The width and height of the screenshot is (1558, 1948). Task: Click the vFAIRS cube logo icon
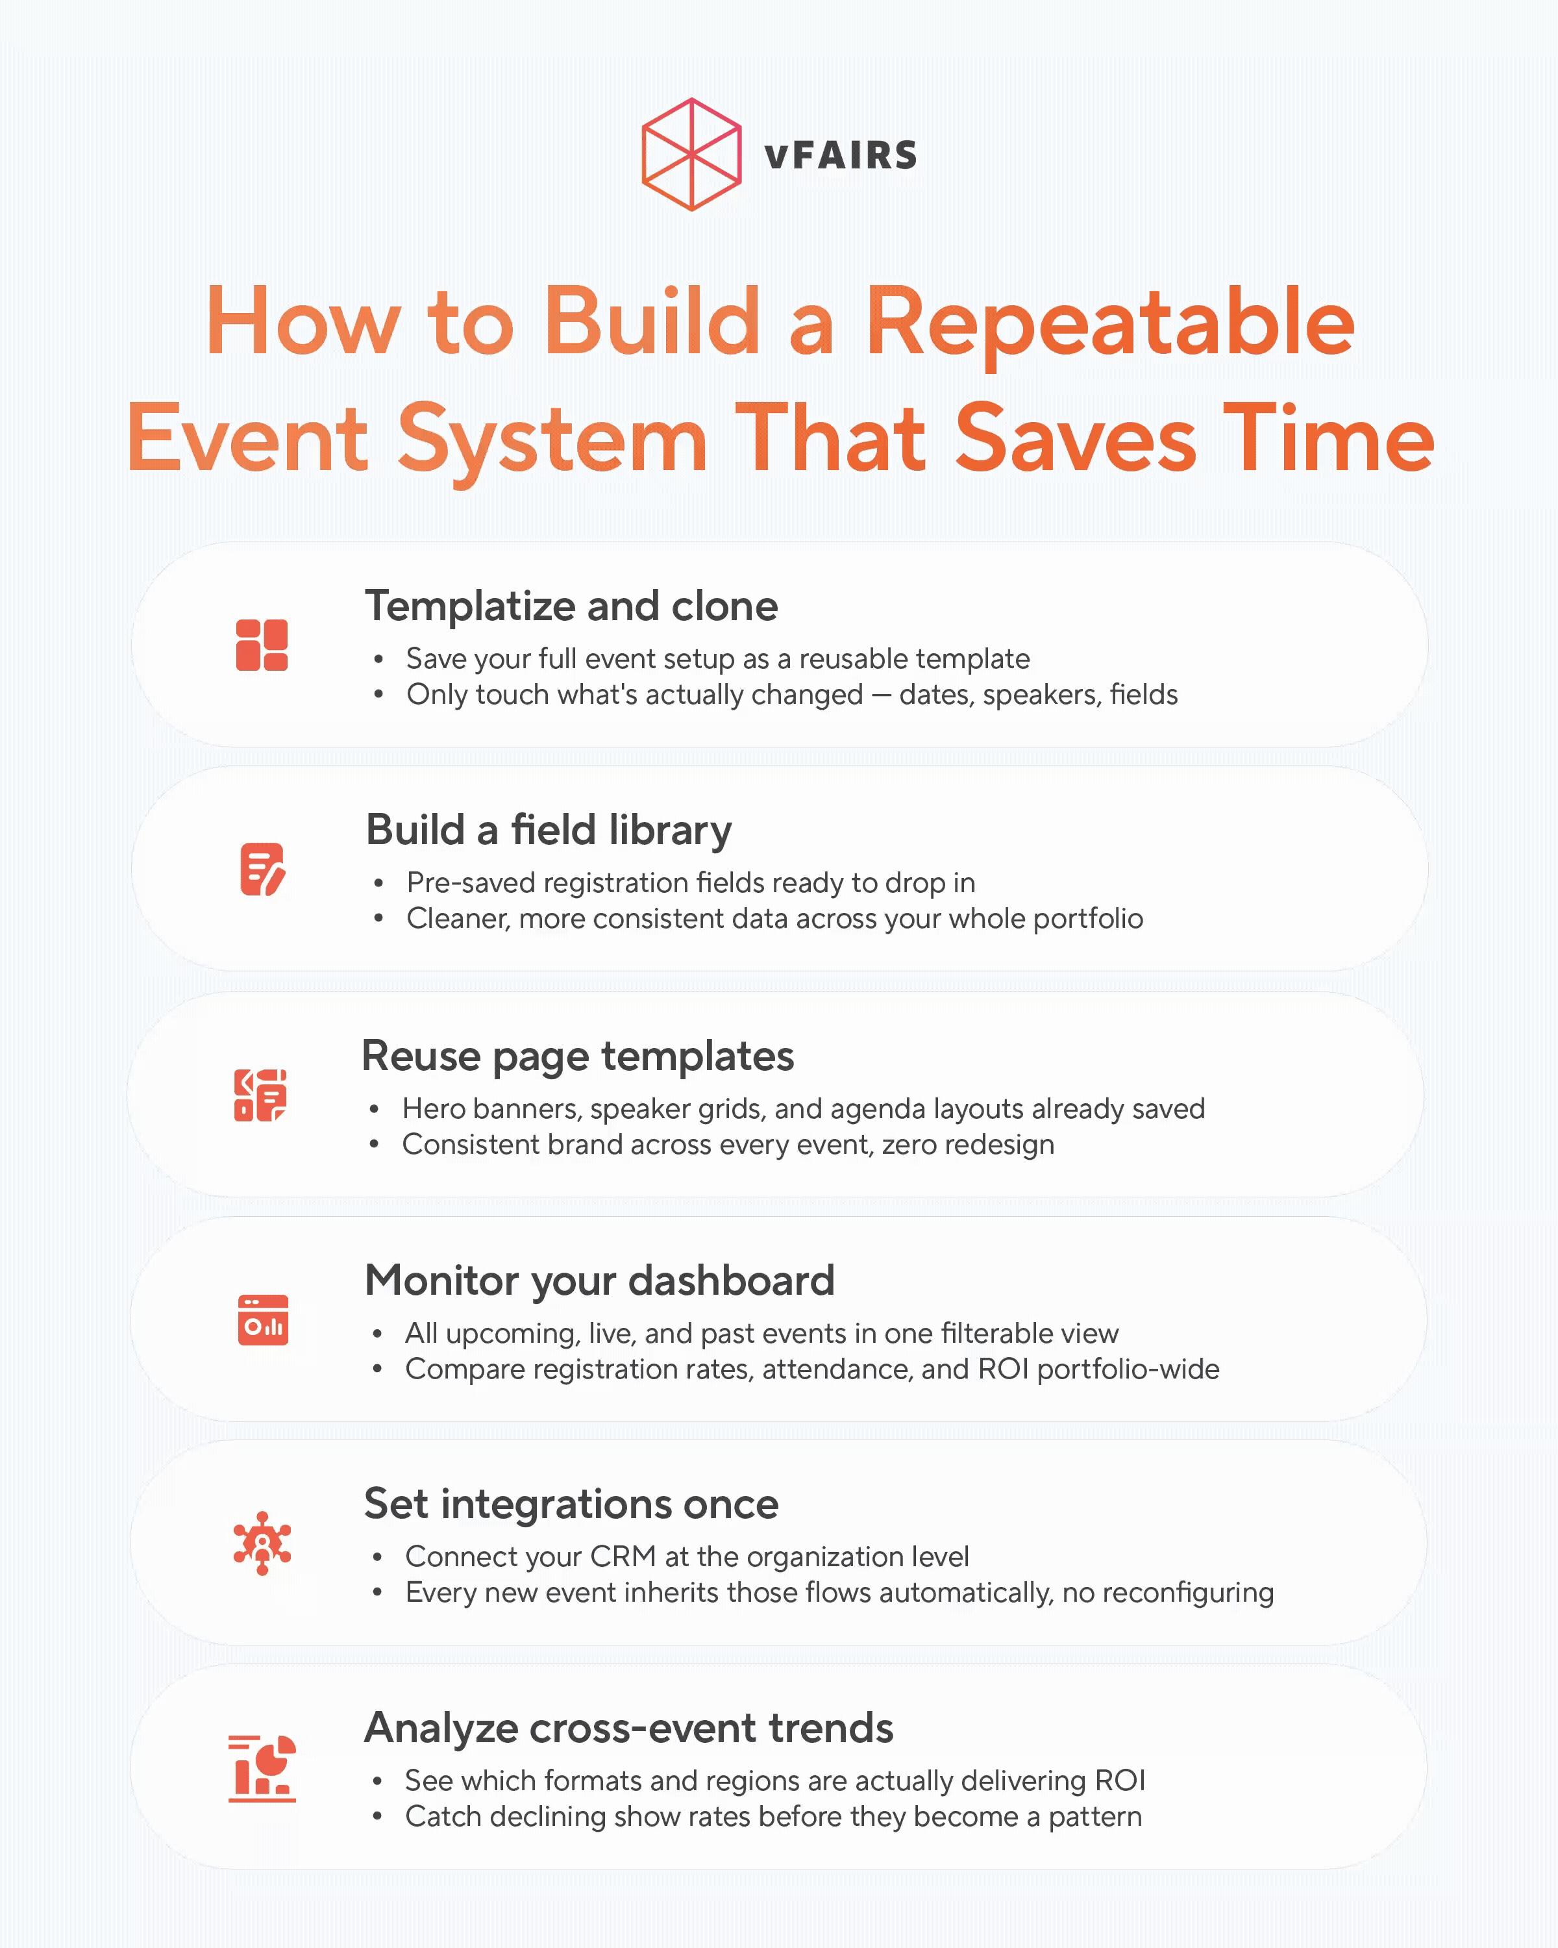tap(691, 155)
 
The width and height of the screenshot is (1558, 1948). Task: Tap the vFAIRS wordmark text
tap(840, 155)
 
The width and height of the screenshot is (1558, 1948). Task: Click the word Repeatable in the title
tap(1109, 323)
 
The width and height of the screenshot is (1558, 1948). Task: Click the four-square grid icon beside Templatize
tap(262, 645)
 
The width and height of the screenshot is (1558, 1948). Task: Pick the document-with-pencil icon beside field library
tap(262, 869)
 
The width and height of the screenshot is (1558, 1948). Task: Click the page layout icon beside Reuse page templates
tap(260, 1095)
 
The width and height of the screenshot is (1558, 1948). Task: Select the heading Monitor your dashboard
tap(599, 1280)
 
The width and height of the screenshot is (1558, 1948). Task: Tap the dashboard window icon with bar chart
tap(263, 1320)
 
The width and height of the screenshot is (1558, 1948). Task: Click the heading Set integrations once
tap(571, 1505)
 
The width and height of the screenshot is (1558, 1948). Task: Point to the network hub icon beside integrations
tap(262, 1543)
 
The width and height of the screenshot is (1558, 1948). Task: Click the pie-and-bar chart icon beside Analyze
tap(262, 1768)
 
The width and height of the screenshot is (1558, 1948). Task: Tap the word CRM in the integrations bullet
tap(623, 1556)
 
